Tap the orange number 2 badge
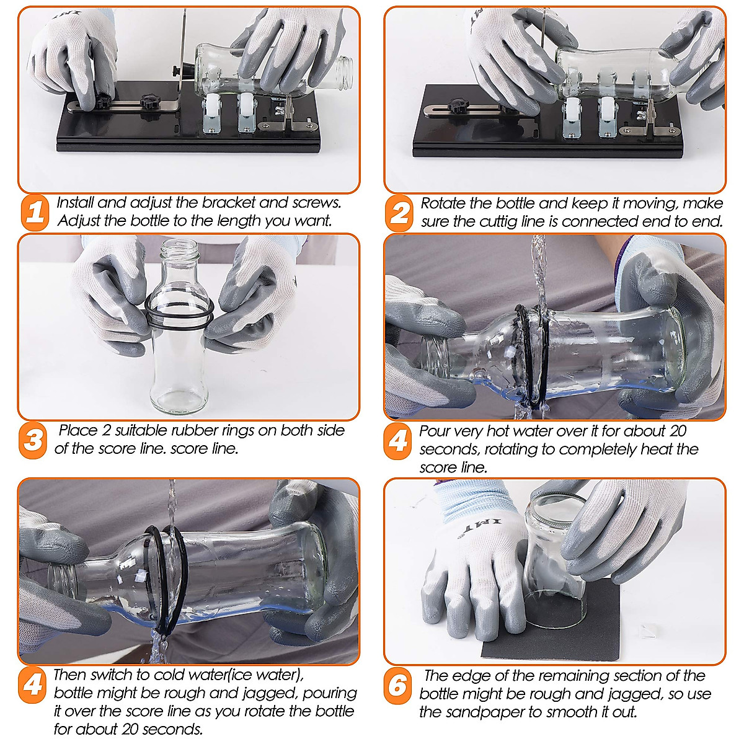(400, 213)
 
